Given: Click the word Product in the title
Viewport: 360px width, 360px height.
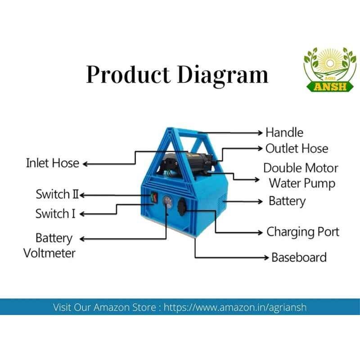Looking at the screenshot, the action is [128, 75].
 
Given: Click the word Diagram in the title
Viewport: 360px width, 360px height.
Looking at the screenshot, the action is [223, 76].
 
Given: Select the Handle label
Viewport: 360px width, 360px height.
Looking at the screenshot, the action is [284, 133].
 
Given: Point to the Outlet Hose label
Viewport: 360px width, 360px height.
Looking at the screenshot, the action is [297, 148].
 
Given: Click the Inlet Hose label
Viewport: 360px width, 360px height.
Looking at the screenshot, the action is [53, 163].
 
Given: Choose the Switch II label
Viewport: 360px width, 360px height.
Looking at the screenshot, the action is [57, 194].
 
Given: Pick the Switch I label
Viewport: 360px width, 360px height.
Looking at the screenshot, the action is [55, 213].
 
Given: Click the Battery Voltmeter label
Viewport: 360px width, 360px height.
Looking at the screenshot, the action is [49, 245].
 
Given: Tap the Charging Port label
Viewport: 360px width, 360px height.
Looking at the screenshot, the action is [303, 232].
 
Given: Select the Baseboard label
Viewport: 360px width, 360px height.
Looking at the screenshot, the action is [299, 257].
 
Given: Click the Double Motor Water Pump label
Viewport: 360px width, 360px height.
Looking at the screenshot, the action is [301, 176].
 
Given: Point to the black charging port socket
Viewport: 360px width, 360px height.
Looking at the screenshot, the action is [182, 207].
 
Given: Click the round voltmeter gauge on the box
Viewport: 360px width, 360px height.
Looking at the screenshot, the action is [167, 202].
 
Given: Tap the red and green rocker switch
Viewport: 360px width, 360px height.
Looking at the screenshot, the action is [153, 198].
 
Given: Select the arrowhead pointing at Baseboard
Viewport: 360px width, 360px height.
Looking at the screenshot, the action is [266, 257].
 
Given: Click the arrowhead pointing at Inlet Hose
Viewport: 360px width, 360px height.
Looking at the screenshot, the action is [85, 164].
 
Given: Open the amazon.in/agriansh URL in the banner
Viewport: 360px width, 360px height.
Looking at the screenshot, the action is [235, 307].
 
